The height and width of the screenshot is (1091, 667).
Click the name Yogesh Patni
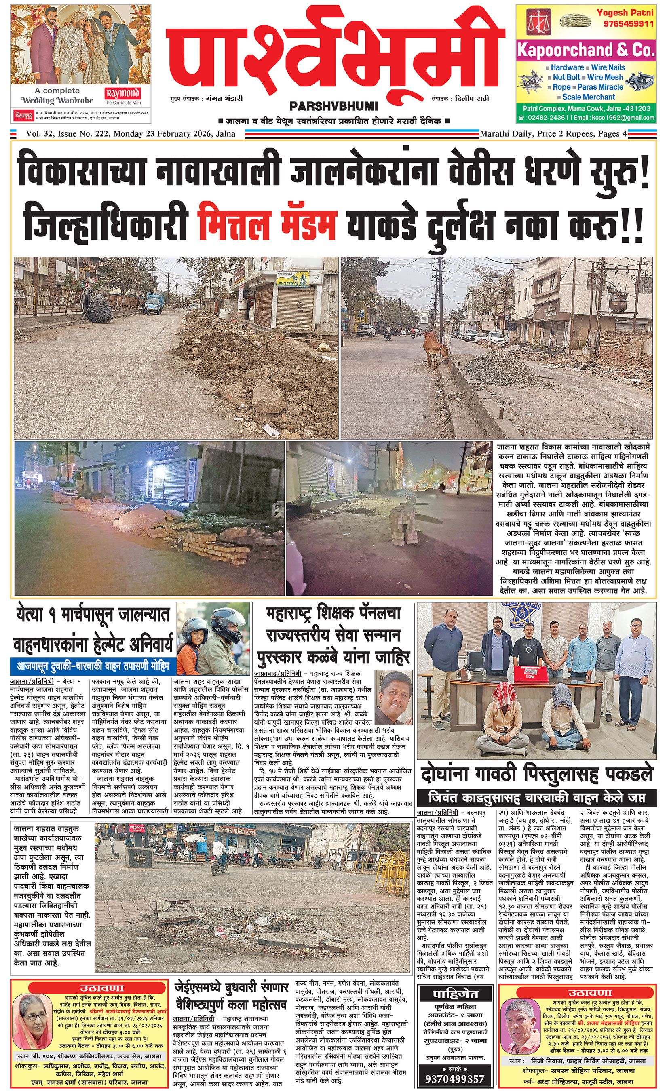[625, 13]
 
